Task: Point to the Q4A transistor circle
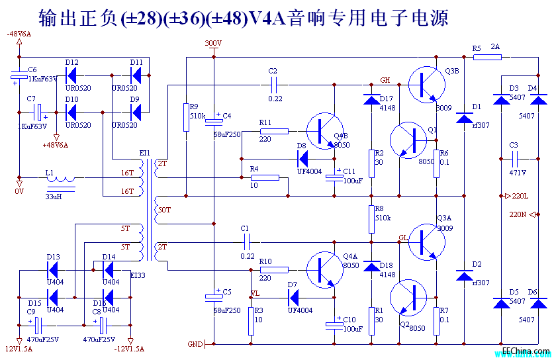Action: (x=325, y=269)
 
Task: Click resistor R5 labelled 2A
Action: (x=488, y=58)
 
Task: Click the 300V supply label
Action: (x=213, y=43)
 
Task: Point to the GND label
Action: (x=195, y=344)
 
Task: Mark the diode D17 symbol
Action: (x=371, y=99)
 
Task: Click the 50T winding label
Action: (x=163, y=210)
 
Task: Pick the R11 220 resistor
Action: (x=274, y=131)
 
